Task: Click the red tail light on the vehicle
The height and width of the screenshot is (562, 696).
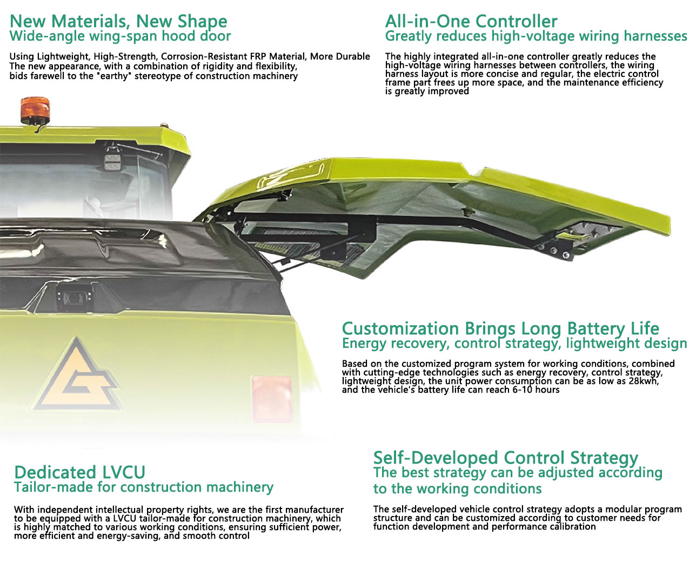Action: click(x=272, y=398)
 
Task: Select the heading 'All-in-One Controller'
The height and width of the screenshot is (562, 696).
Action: click(x=471, y=22)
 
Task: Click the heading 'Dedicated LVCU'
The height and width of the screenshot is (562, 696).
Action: click(x=79, y=472)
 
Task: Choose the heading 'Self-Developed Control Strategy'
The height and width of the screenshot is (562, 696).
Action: click(x=505, y=458)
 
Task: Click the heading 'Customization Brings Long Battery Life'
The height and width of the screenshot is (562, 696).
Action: click(x=500, y=328)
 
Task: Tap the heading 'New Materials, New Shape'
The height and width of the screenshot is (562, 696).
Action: click(x=118, y=22)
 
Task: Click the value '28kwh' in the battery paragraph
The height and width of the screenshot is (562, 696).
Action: click(x=643, y=381)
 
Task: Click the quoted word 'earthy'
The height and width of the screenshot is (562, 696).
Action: click(x=115, y=76)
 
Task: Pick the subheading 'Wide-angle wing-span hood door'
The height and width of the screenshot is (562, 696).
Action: click(x=120, y=36)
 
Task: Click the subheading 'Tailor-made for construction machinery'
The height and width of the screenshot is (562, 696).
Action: click(x=144, y=487)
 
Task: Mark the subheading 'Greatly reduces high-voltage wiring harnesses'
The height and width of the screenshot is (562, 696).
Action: click(x=536, y=36)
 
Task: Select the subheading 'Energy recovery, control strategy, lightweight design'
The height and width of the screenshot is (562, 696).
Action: click(x=514, y=343)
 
